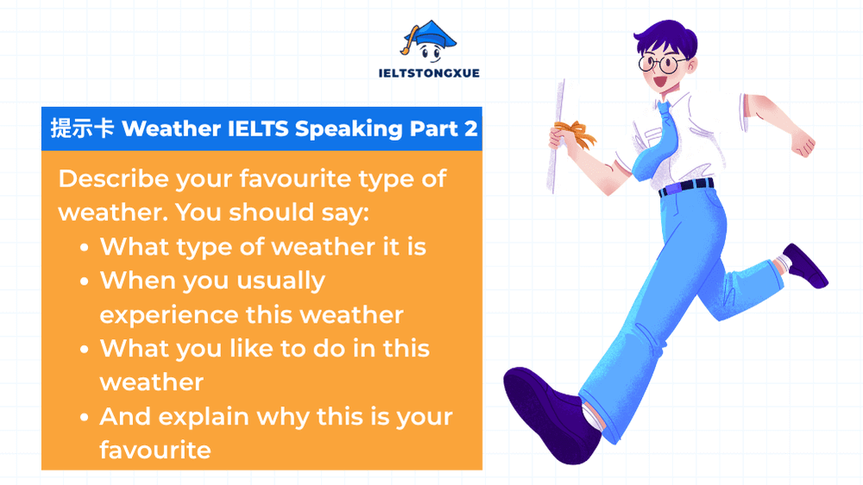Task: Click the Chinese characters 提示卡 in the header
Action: click(82, 129)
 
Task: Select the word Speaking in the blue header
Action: click(349, 129)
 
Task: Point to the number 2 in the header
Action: click(470, 129)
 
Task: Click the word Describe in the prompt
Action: click(113, 180)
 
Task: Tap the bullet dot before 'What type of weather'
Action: click(85, 248)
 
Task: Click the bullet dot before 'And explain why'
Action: click(85, 417)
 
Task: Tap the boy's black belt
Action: click(686, 186)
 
